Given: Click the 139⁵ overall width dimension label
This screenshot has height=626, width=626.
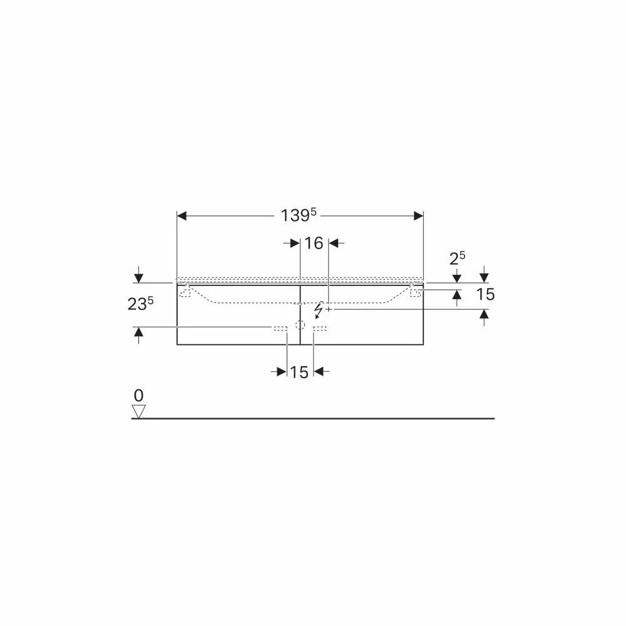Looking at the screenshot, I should pyautogui.click(x=299, y=215).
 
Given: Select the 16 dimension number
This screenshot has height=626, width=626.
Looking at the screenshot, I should pyautogui.click(x=314, y=243).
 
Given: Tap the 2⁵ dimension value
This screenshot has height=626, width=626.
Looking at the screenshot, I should pyautogui.click(x=458, y=258).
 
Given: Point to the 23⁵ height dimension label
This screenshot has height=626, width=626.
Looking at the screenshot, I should pyautogui.click(x=140, y=304).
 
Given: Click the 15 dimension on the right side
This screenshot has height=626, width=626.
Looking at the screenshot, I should pyautogui.click(x=485, y=294).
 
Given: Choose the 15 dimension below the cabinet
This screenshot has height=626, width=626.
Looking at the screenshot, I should pyautogui.click(x=299, y=372).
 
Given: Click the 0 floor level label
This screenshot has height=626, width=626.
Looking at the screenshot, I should pyautogui.click(x=138, y=396).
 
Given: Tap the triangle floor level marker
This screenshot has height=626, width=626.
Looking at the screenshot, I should pyautogui.click(x=138, y=411).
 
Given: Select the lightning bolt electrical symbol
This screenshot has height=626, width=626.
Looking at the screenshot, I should pyautogui.click(x=319, y=309).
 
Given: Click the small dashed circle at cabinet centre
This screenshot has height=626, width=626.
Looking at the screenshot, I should pyautogui.click(x=300, y=325).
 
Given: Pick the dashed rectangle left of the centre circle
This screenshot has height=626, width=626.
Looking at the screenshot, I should pyautogui.click(x=280, y=328).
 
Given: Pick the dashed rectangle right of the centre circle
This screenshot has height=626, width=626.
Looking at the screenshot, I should pyautogui.click(x=320, y=328).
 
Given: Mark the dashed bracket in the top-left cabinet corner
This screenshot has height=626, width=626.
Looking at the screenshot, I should pyautogui.click(x=185, y=292).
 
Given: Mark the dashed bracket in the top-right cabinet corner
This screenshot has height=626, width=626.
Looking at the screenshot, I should pyautogui.click(x=415, y=292).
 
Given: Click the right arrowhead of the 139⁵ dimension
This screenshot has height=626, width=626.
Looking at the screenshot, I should pyautogui.click(x=418, y=216).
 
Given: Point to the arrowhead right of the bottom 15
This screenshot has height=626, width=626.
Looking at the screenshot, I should pyautogui.click(x=318, y=372).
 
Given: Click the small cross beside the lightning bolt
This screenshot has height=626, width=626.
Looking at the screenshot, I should pyautogui.click(x=328, y=309).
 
